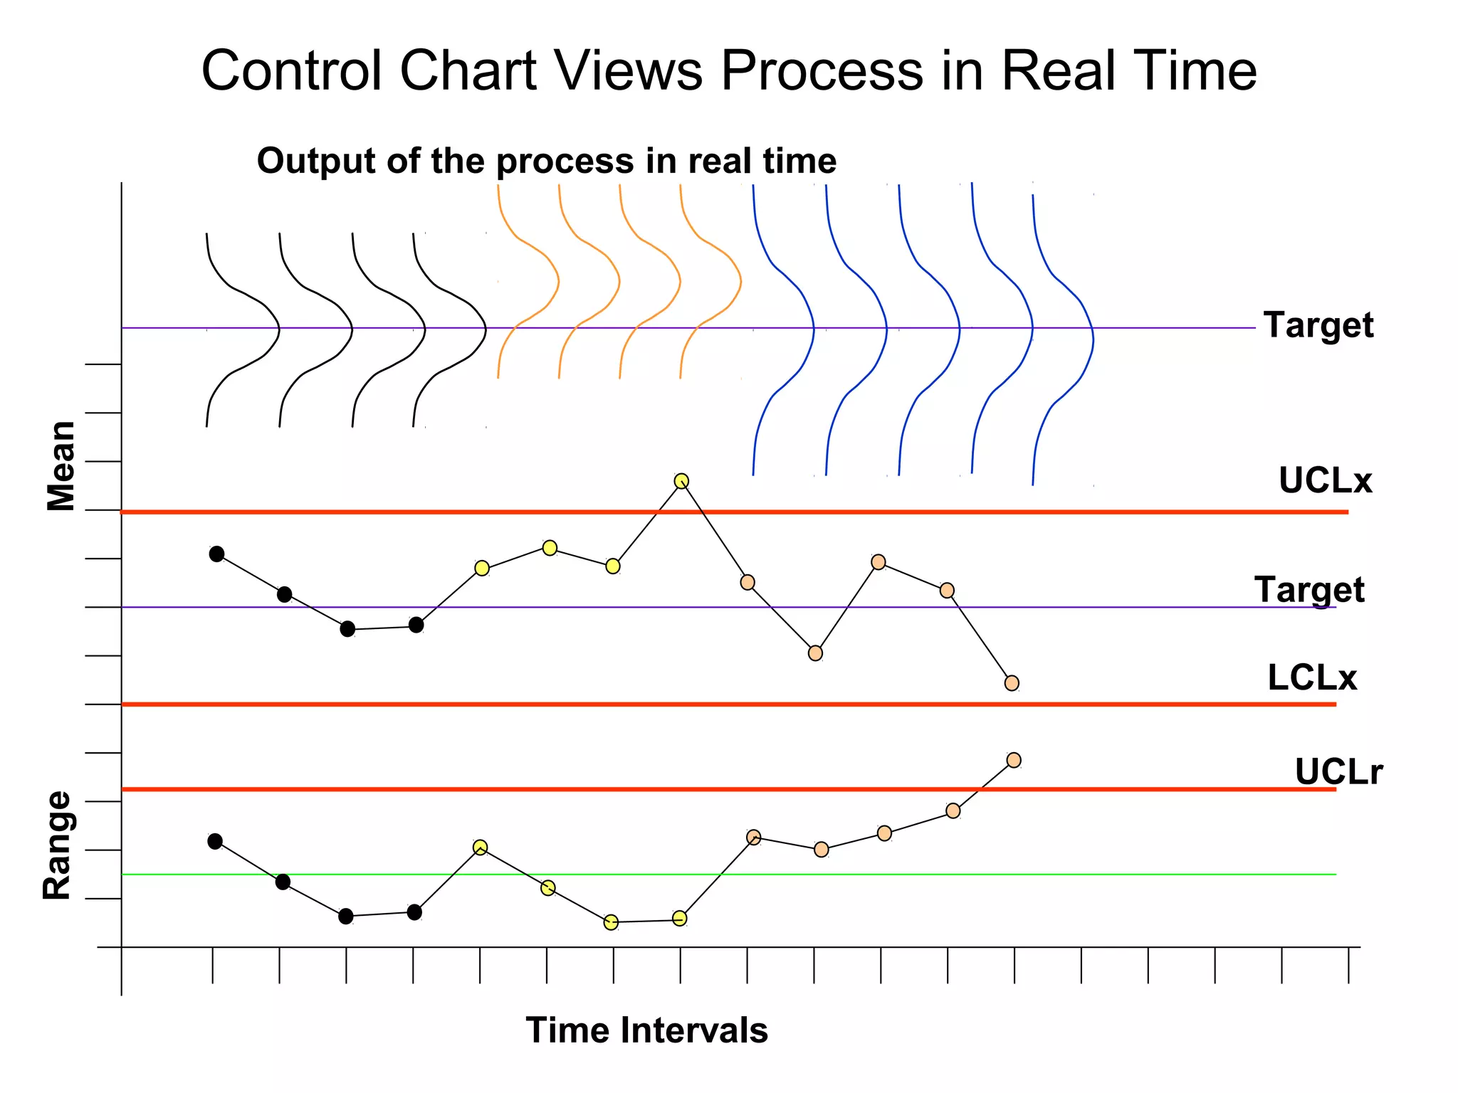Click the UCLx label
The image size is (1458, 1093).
pos(1325,480)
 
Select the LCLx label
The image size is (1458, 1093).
pos(1312,677)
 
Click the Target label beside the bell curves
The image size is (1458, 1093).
pos(1318,325)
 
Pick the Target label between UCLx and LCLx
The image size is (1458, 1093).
pos(1309,590)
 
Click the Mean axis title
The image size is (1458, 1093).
pos(61,466)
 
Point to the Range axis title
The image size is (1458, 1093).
pos(58,845)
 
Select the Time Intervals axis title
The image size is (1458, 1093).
pos(646,1030)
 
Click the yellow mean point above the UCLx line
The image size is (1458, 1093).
pos(681,481)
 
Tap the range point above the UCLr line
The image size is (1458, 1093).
pos(1014,760)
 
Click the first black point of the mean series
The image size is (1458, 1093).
pos(217,554)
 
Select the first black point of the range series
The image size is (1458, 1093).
pos(215,841)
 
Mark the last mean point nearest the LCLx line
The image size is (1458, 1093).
pos(1012,683)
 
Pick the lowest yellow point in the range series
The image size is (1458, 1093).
pos(611,923)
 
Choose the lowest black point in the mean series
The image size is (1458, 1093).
pos(347,629)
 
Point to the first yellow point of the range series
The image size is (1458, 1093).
pos(481,847)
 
